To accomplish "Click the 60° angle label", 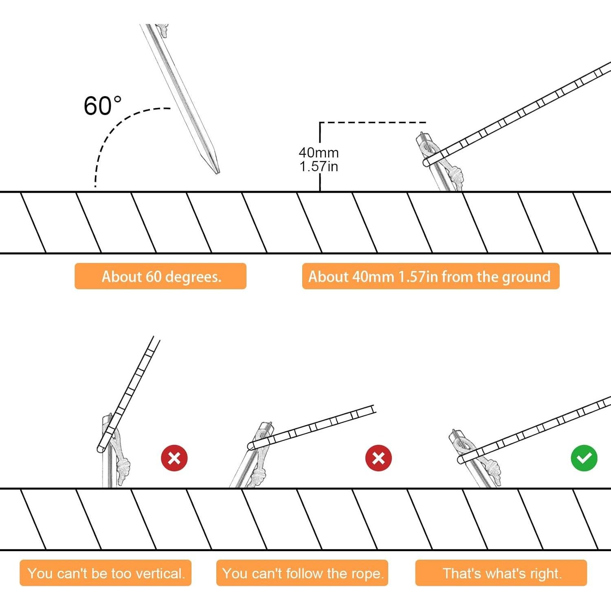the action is (103, 106).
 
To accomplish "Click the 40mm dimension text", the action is (319, 152).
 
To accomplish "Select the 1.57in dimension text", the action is (319, 166).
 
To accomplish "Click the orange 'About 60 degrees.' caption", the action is (160, 276).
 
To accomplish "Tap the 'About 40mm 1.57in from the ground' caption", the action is (431, 276).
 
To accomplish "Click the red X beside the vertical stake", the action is (174, 458).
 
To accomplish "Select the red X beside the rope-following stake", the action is (379, 458).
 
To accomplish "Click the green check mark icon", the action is (584, 458).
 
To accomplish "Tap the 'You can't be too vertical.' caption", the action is (105, 573).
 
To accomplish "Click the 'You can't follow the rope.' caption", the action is (302, 573).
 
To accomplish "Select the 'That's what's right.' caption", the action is (501, 573).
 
